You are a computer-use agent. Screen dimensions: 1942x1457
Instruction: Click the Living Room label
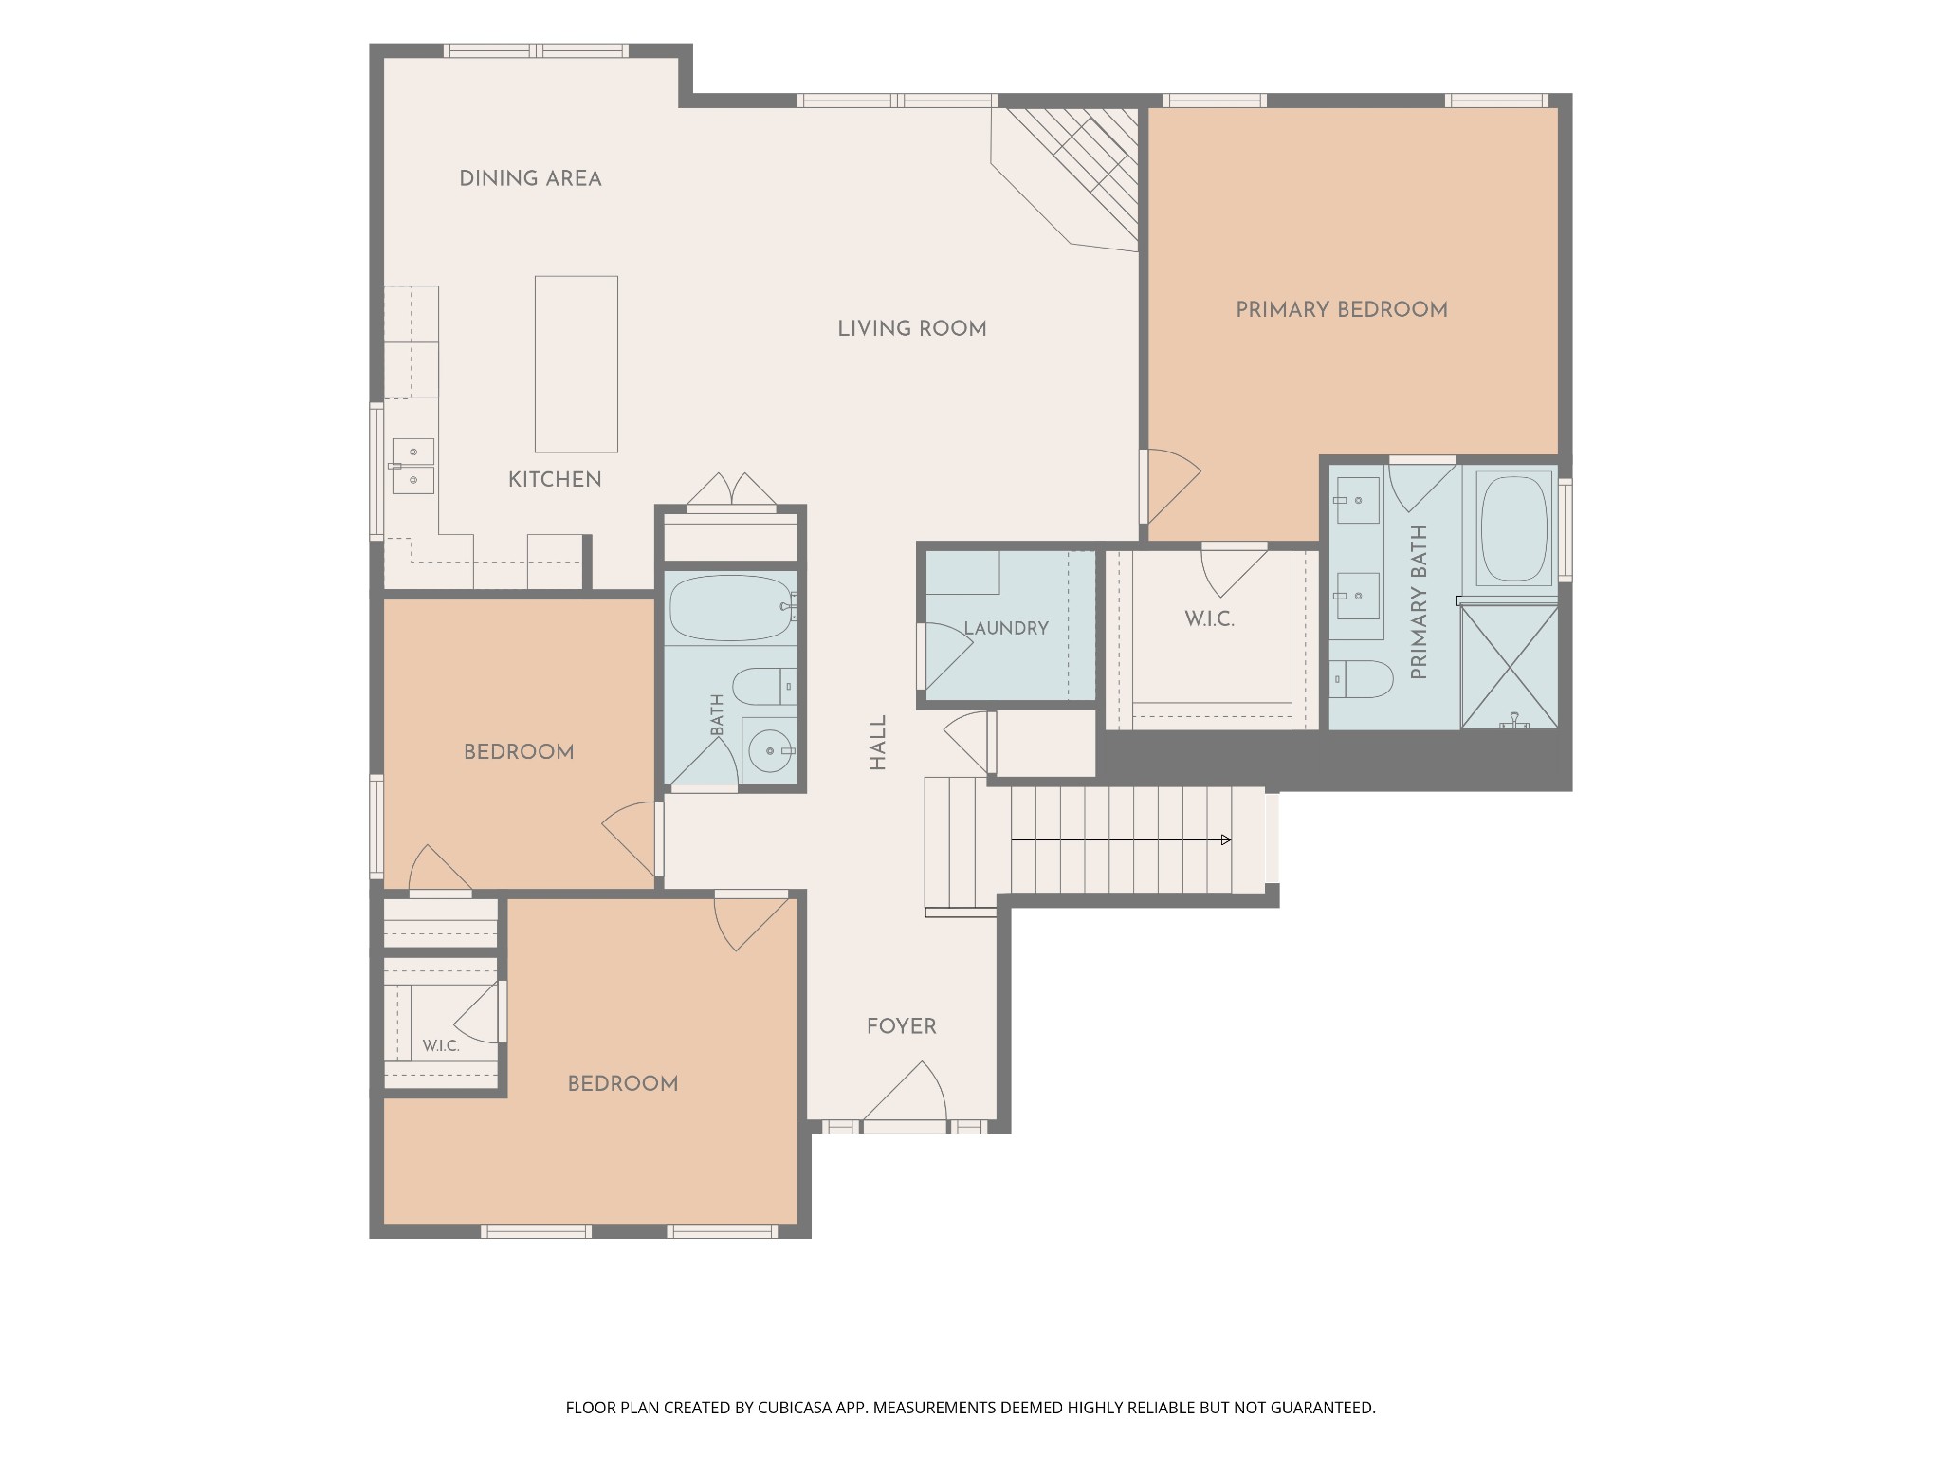pos(912,329)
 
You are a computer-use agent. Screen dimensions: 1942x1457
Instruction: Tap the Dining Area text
pos(530,178)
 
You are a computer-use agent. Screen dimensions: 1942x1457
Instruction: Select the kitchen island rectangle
pos(577,364)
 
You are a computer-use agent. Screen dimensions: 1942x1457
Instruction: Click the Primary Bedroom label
pos(1342,309)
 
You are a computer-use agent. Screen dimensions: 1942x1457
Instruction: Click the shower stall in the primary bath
pos(1509,668)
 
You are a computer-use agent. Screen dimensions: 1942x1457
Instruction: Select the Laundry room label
pos(1006,628)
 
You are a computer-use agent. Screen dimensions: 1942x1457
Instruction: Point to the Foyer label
pos(902,1026)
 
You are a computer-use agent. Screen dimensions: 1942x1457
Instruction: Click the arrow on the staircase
pos(1122,839)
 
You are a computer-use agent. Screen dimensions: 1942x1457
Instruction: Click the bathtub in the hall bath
pos(730,608)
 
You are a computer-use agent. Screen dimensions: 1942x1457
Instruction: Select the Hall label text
pos(878,743)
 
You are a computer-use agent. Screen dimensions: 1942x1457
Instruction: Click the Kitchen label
pos(555,480)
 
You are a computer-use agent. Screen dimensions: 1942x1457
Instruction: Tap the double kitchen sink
pos(413,466)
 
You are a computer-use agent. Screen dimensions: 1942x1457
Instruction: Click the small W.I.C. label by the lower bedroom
pos(441,1046)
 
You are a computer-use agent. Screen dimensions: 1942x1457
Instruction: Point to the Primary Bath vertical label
pos(1420,602)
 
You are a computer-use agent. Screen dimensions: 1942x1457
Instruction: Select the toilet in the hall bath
pos(764,686)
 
